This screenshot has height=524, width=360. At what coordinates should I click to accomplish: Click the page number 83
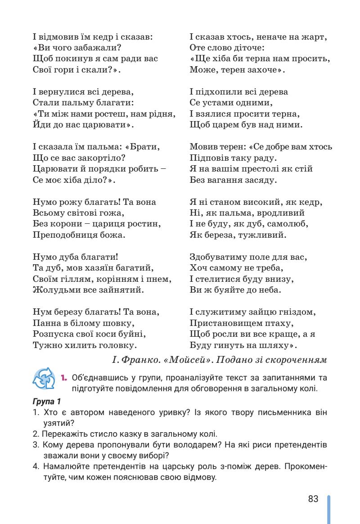coord(313,499)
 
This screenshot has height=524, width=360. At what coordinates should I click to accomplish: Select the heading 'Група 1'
coord(46,401)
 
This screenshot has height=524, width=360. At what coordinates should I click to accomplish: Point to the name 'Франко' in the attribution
coord(135,360)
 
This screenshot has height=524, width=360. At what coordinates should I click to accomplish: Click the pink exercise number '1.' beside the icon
coord(64,376)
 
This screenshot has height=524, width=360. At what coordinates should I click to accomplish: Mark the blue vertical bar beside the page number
coord(329,509)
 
